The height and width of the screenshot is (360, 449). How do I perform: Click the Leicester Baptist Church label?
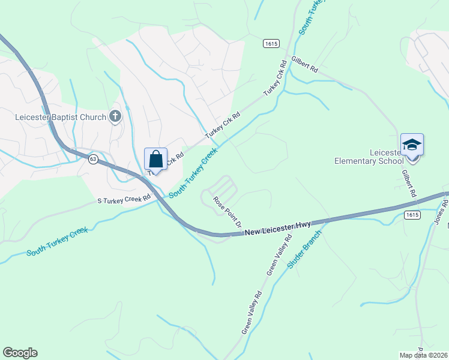[x=60, y=117]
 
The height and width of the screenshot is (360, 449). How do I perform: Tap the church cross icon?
[x=116, y=117]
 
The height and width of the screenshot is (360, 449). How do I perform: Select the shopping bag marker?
[x=155, y=160]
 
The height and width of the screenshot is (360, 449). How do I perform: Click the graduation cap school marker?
[x=412, y=145]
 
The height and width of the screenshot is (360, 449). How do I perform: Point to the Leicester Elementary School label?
[x=369, y=157]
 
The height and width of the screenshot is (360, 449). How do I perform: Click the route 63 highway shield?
[x=92, y=159]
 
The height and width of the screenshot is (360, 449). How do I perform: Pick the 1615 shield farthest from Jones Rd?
[x=270, y=44]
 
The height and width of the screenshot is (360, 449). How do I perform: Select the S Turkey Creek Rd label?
[x=124, y=199]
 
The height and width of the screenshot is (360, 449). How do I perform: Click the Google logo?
[x=20, y=353]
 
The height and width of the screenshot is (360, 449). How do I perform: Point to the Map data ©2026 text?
[x=423, y=355]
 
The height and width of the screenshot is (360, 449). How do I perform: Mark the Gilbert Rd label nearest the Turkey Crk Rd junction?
[x=304, y=64]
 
